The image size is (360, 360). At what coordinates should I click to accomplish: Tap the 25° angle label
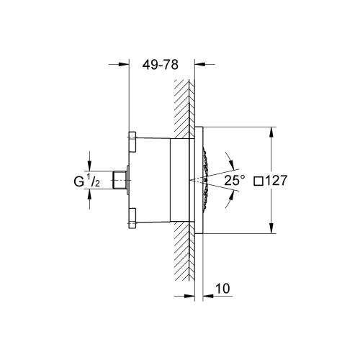point(234,181)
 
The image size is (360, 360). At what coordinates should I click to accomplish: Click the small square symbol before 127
point(260,181)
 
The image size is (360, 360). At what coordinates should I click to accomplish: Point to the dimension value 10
point(223,289)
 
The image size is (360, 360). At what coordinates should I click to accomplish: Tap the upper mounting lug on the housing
point(133,141)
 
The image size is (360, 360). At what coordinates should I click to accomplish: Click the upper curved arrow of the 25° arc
point(227,155)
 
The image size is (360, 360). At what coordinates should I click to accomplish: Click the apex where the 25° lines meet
point(188,179)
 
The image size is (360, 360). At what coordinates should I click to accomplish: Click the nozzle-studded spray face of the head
point(209,180)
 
